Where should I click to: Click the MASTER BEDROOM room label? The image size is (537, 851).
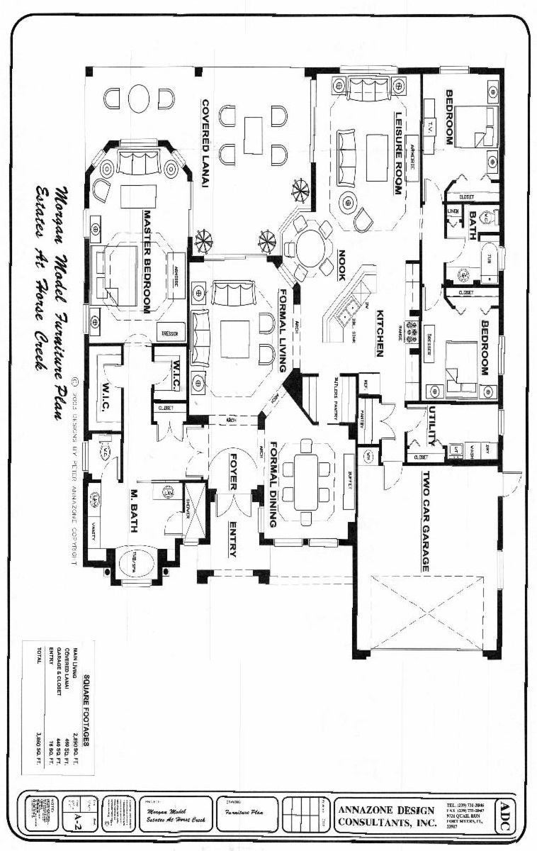click(149, 260)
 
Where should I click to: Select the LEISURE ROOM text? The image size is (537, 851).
click(398, 153)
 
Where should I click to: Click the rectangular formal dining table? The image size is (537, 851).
click(306, 482)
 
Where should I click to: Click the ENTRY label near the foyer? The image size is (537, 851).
click(233, 540)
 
